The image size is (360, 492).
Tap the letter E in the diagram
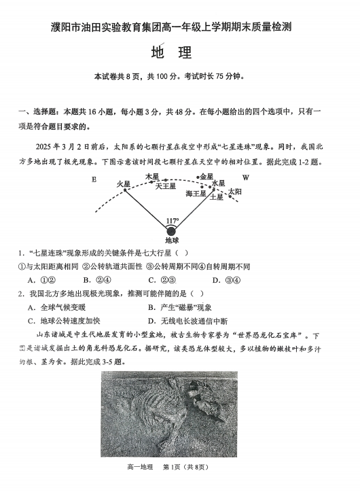click(94, 179)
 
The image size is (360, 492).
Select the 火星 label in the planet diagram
click(123, 184)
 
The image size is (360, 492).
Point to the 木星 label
click(152, 176)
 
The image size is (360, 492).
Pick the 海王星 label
click(196, 194)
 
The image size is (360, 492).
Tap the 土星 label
click(217, 197)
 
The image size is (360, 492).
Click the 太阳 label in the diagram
click(234, 192)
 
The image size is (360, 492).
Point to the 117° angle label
click(173, 221)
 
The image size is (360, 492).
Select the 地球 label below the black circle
click(172, 240)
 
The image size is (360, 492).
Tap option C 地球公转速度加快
click(63, 320)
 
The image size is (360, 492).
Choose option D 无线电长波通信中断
click(187, 320)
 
